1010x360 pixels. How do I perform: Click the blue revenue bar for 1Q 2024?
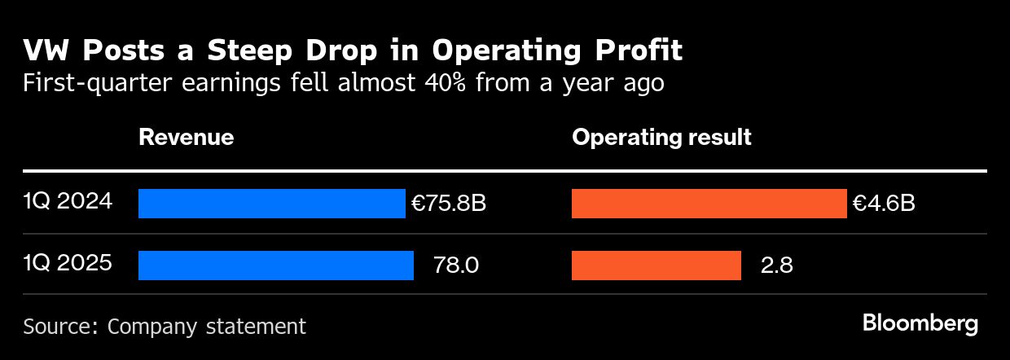click(x=271, y=204)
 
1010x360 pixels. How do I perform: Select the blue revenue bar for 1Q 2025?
click(x=276, y=266)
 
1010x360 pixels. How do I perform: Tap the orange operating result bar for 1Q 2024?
click(x=709, y=204)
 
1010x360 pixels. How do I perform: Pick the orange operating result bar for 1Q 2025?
click(x=656, y=266)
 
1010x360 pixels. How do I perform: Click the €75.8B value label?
click(x=449, y=204)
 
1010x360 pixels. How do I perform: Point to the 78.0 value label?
click(x=456, y=266)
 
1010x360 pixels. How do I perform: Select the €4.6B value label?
click(x=884, y=204)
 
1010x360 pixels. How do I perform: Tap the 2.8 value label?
click(x=777, y=266)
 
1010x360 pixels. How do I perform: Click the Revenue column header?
click(x=186, y=137)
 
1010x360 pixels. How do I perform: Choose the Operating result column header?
click(x=661, y=137)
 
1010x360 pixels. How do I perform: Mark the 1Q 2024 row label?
click(x=68, y=201)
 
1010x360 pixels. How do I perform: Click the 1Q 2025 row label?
click(x=68, y=263)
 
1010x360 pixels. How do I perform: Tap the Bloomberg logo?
click(x=920, y=323)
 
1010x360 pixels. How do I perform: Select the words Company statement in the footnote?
click(x=207, y=327)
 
